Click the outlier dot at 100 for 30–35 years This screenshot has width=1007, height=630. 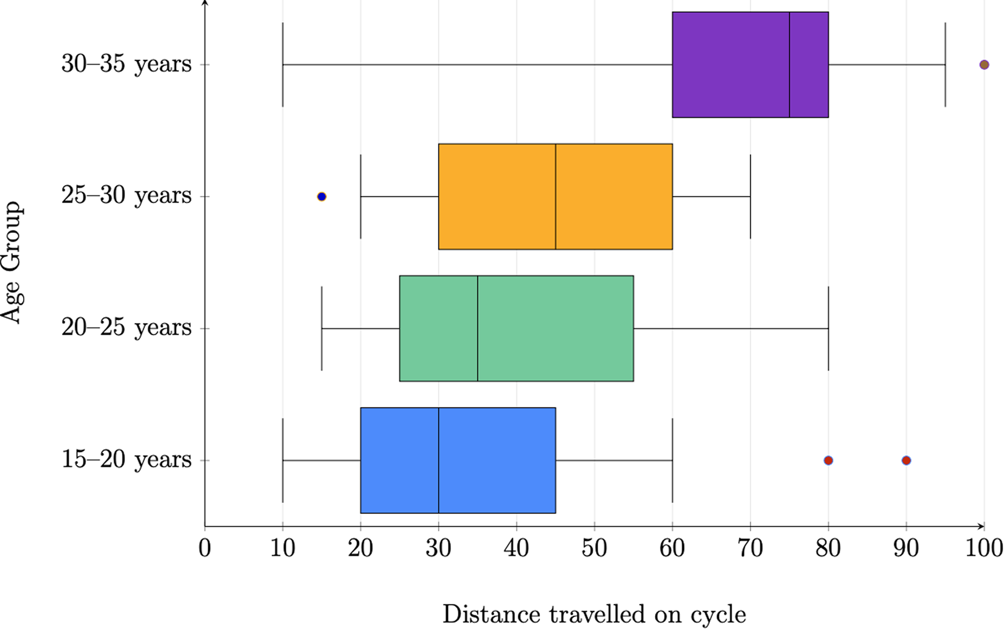coord(984,64)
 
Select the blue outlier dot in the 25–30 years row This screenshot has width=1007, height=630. coord(321,197)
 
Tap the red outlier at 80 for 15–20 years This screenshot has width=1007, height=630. coord(828,460)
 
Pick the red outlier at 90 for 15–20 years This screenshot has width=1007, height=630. coord(906,460)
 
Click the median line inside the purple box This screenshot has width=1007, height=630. coord(790,64)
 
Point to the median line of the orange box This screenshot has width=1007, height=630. coord(555,197)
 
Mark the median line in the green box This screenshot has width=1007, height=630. coord(478,328)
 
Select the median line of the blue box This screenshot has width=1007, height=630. coord(439,460)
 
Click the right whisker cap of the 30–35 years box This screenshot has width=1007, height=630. coord(945,64)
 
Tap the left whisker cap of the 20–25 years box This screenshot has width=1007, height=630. coord(322,328)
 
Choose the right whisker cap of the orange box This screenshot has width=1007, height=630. coord(750,197)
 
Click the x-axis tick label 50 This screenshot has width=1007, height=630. coord(595,548)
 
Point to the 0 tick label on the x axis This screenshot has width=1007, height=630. coord(205,548)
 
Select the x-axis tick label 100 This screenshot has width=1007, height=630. coord(984,548)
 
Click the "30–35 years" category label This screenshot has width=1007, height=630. coord(126,64)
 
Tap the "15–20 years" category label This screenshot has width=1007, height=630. coord(126,460)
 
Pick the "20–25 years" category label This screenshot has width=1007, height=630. coord(126,328)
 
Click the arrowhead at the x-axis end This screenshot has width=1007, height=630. coord(982,526)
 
